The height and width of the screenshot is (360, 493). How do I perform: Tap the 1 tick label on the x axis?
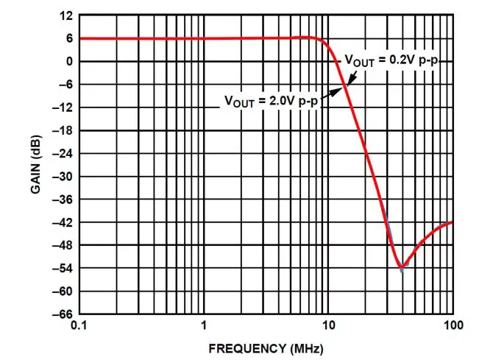click(x=203, y=325)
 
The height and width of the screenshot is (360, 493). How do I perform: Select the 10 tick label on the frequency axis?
click(x=327, y=325)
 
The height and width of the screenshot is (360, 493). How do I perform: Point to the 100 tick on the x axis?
click(x=451, y=325)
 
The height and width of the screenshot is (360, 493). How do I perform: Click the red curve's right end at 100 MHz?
click(x=452, y=222)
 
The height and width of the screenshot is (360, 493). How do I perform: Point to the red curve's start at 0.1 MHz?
click(x=80, y=38)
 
